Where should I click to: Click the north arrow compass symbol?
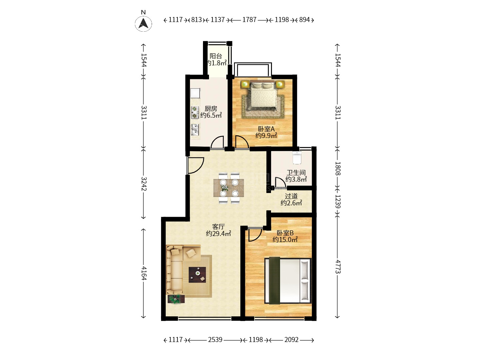(143, 24)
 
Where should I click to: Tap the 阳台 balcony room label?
(216, 56)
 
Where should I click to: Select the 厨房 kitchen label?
(211, 108)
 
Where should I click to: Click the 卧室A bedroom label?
(266, 129)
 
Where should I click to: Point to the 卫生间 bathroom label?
(296, 172)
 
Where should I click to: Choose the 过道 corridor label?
(291, 196)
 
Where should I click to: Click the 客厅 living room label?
(218, 227)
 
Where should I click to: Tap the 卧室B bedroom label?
(285, 233)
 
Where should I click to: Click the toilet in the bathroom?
(297, 157)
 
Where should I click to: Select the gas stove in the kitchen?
(195, 112)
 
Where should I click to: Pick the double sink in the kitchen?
(195, 129)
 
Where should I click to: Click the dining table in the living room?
(229, 188)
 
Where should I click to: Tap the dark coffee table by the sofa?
(197, 275)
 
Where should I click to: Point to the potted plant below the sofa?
(176, 299)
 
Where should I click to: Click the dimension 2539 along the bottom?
(215, 340)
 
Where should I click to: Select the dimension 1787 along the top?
(249, 20)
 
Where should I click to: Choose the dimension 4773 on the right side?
(338, 266)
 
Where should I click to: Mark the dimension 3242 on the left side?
(144, 184)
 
